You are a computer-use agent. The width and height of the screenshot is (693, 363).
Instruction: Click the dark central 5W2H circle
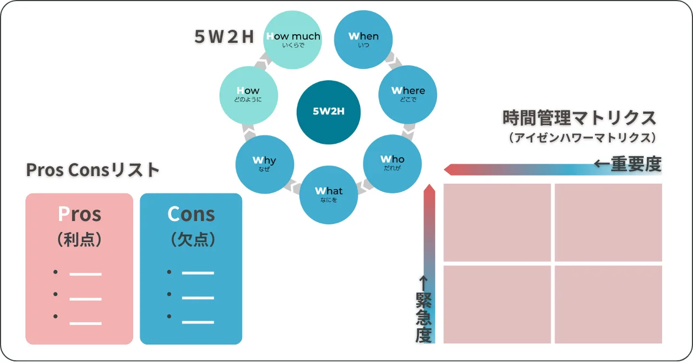[329, 112]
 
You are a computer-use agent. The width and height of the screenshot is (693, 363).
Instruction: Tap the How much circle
[293, 40]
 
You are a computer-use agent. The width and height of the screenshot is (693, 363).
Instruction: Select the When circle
[363, 40]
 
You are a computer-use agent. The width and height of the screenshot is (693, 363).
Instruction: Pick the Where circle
[408, 94]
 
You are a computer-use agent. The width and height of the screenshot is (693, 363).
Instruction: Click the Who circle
[393, 164]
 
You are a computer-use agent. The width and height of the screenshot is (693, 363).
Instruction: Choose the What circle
[329, 195]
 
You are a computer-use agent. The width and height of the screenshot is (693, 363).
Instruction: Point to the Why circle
[265, 165]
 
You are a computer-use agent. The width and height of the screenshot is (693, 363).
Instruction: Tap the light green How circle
[249, 95]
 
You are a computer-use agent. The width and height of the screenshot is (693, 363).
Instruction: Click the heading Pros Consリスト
[93, 170]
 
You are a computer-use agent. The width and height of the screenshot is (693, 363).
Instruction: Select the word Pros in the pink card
[80, 214]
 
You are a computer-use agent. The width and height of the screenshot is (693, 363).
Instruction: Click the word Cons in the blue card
[191, 214]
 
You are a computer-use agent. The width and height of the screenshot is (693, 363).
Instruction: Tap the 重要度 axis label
[636, 164]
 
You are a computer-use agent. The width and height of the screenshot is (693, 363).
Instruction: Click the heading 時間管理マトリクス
[579, 118]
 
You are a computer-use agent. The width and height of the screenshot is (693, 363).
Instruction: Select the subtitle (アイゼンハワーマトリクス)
[583, 138]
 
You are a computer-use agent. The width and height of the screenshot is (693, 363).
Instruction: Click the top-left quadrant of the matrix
[497, 223]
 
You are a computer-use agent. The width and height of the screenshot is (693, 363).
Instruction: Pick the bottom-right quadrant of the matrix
[608, 304]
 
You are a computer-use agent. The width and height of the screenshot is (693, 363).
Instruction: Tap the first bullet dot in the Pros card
[55, 272]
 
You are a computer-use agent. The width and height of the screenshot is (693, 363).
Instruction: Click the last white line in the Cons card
[198, 322]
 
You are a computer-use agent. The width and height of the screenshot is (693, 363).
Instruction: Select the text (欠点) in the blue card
[193, 239]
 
